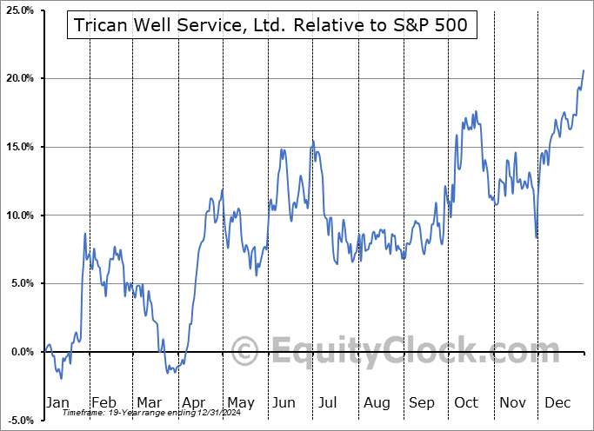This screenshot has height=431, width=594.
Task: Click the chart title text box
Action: click(270, 25)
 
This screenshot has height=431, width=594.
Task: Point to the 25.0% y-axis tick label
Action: click(18, 10)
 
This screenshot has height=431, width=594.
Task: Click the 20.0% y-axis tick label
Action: click(18, 79)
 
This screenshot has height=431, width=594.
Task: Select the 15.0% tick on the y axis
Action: click(18, 147)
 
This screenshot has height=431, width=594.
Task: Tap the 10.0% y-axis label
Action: click(18, 215)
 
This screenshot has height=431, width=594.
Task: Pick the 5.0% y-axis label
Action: click(20, 283)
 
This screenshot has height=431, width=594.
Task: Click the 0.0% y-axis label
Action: click(20, 352)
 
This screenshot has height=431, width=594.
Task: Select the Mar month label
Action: click(148, 402)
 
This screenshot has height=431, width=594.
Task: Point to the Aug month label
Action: click(377, 402)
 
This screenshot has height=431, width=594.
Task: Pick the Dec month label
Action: click(558, 402)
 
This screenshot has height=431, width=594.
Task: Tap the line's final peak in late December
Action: click(584, 70)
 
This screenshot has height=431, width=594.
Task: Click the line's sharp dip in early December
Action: click(537, 236)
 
